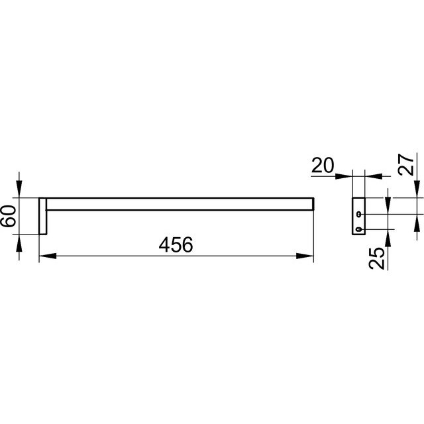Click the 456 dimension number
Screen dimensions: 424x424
[x=176, y=244]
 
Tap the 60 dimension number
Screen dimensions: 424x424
[x=8, y=216]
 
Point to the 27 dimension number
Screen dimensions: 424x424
[x=406, y=165]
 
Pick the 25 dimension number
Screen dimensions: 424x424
[x=376, y=258]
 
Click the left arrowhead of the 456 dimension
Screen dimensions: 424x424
[x=48, y=256]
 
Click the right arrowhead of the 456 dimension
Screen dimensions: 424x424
[x=305, y=256]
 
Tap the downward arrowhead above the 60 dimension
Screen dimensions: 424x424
[x=19, y=189]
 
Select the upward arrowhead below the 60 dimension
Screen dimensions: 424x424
[x=19, y=243]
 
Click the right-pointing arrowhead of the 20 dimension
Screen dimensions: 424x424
[x=343, y=176]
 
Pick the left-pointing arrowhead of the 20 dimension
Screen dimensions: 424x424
[x=374, y=176]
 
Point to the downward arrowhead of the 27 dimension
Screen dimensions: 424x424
[x=417, y=189]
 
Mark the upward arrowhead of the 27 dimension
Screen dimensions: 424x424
[x=417, y=223]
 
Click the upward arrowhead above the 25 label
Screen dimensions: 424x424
[x=388, y=238]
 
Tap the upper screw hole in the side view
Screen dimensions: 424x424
[x=359, y=214]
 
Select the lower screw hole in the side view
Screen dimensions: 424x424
[x=359, y=229]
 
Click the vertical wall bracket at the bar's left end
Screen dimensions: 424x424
[x=43, y=216]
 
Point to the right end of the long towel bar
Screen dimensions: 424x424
[x=313, y=204]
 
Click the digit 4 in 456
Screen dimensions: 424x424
[x=164, y=244]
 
